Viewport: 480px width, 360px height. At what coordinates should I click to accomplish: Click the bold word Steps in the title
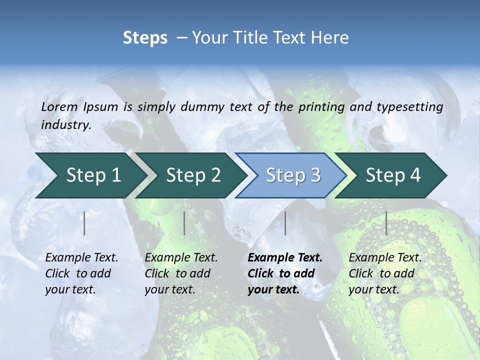click(145, 38)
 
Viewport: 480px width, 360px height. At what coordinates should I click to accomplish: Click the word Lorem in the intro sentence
click(59, 107)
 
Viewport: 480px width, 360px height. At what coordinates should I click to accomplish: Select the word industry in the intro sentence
click(66, 125)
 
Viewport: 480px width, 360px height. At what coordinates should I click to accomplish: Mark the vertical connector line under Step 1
click(84, 223)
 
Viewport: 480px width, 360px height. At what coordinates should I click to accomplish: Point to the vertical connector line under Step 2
click(184, 223)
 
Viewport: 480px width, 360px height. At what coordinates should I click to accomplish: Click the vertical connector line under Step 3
click(285, 223)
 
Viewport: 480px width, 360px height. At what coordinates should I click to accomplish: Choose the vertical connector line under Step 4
click(386, 223)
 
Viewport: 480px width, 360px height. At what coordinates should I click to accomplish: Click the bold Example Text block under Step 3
click(285, 273)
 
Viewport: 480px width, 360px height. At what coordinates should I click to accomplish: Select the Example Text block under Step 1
click(81, 273)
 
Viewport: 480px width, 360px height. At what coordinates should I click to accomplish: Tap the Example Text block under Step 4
click(385, 273)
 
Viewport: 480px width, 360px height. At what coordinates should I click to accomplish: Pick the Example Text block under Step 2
click(181, 273)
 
